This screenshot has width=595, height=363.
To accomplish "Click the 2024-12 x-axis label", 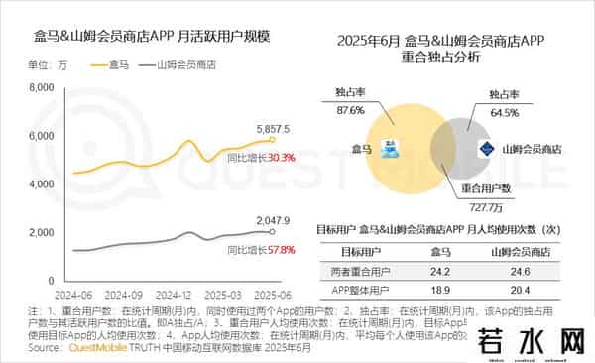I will pyautogui.click(x=174, y=295).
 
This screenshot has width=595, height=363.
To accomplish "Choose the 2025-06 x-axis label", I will pyautogui.click(x=273, y=295).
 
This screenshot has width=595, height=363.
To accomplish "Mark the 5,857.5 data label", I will pyautogui.click(x=272, y=130).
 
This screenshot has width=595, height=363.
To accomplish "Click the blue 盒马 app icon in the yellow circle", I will pyautogui.click(x=392, y=147).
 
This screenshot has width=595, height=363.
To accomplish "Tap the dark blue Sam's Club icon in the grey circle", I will pyautogui.click(x=484, y=148).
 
